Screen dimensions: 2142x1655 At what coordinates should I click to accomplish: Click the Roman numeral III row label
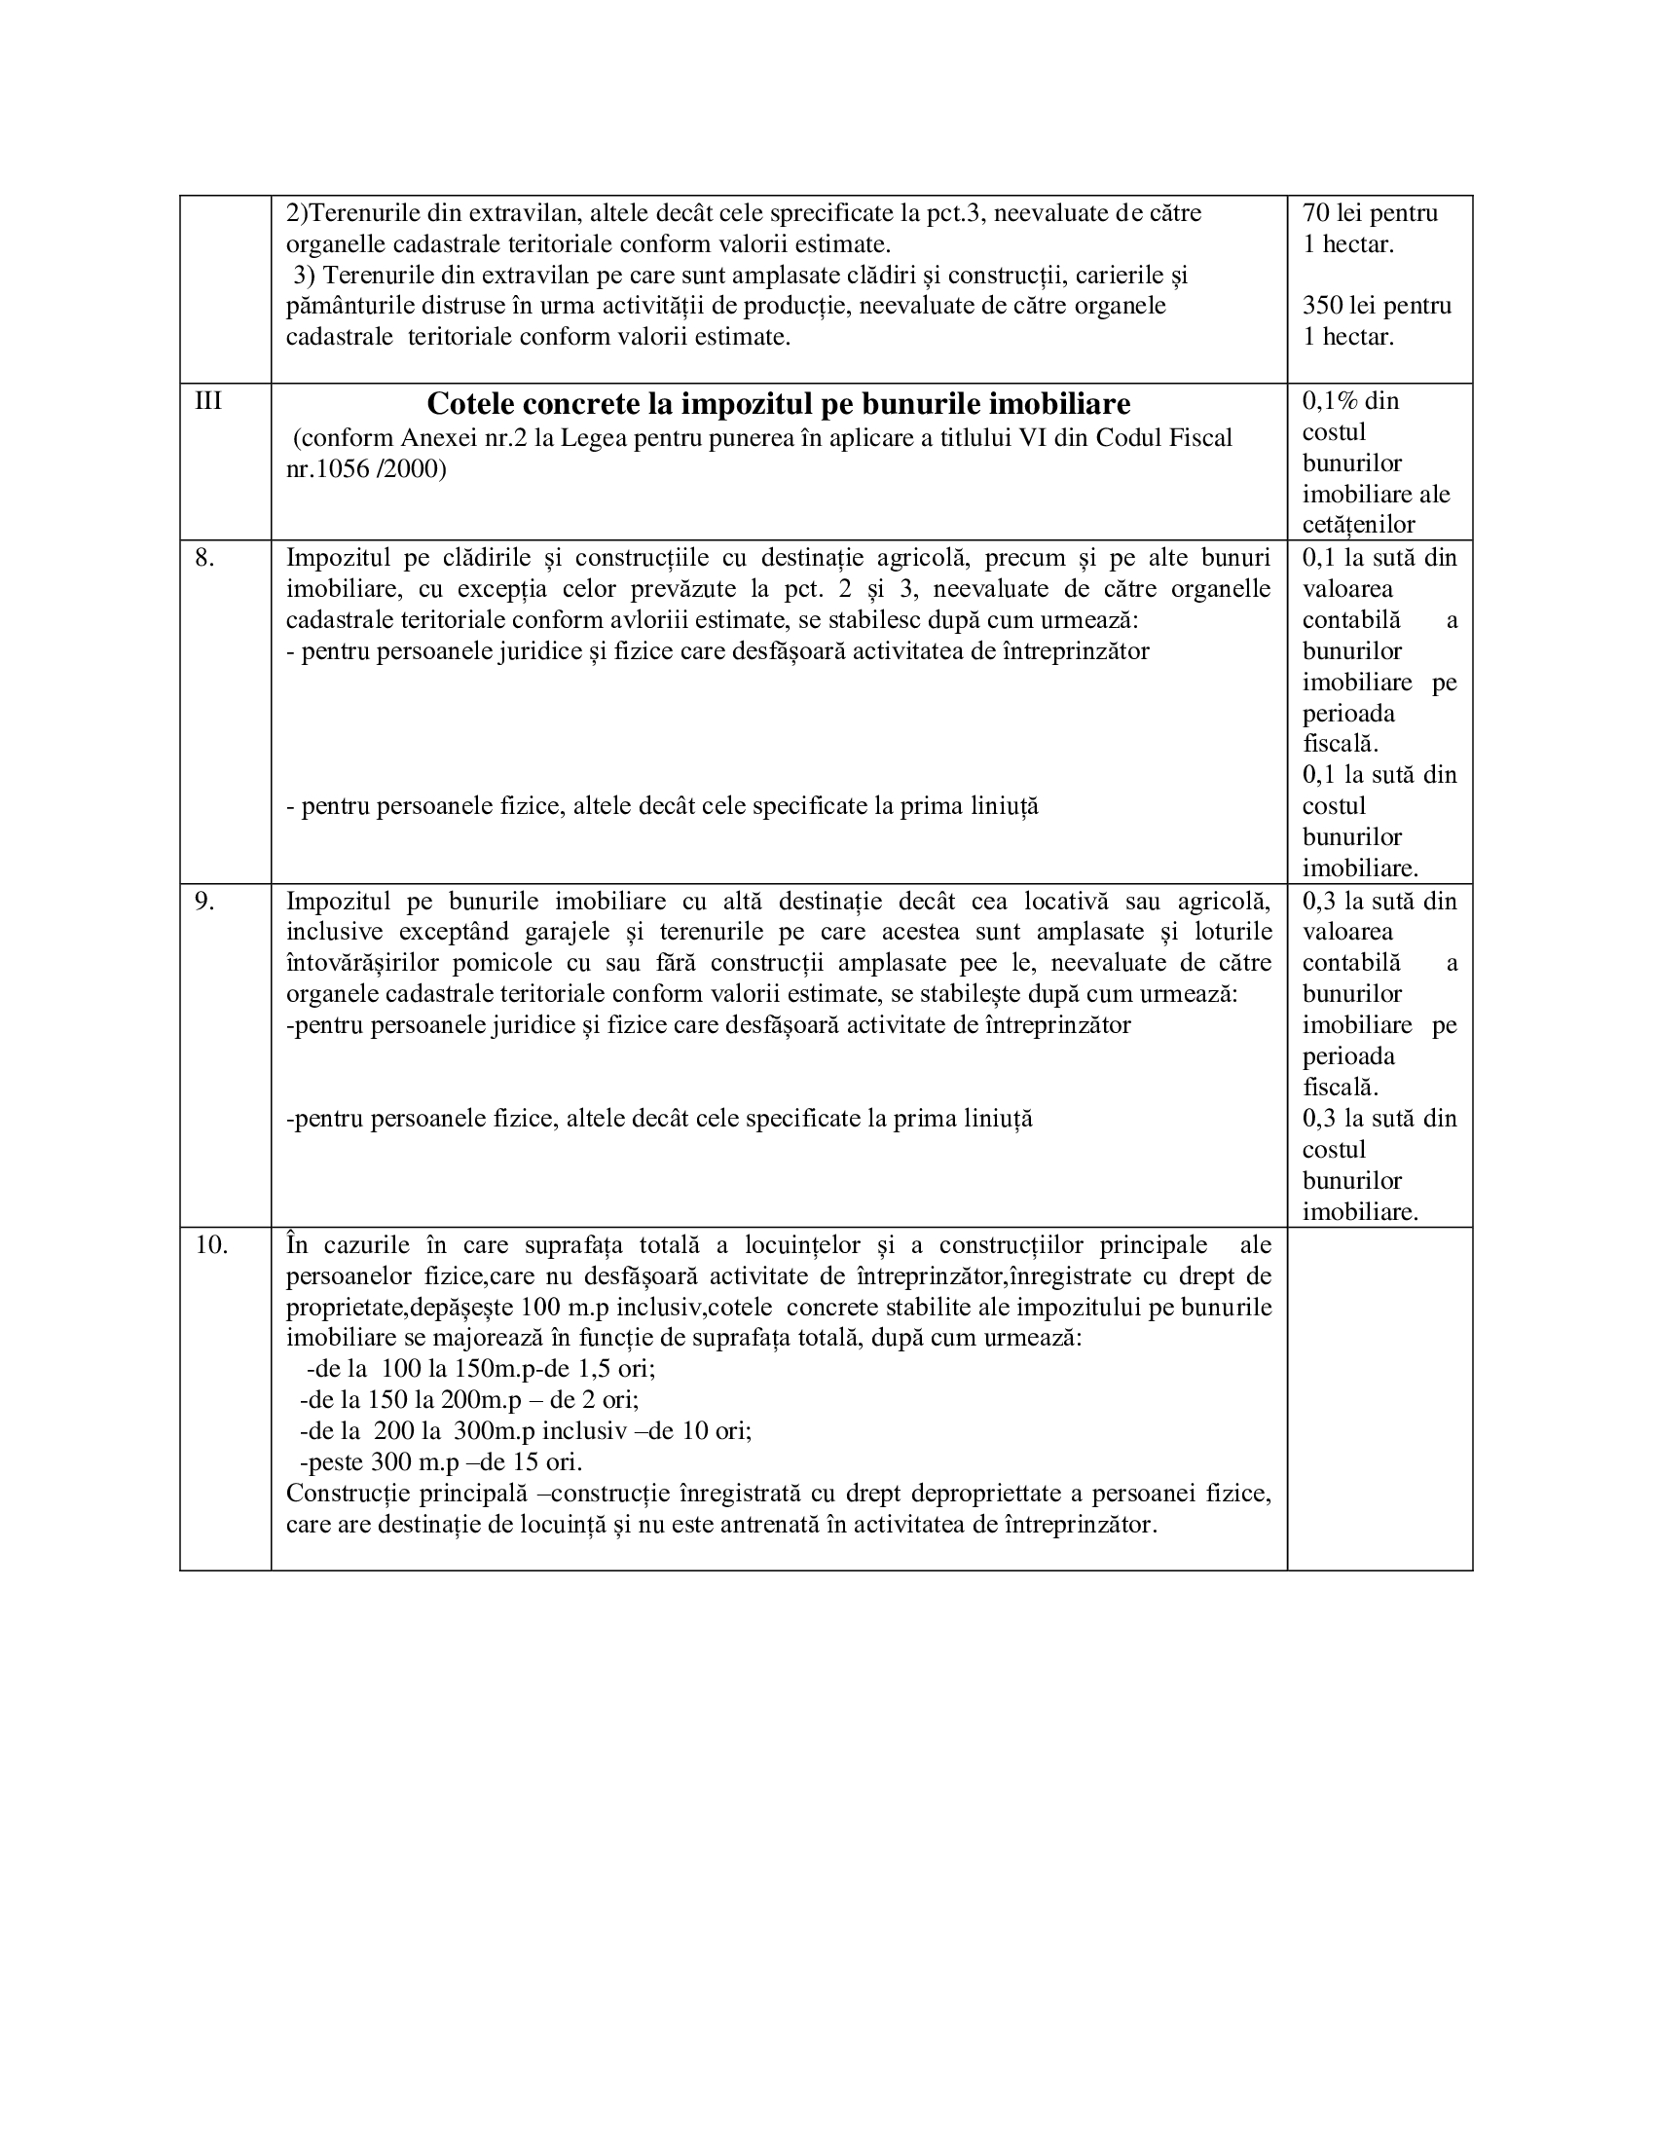(208, 401)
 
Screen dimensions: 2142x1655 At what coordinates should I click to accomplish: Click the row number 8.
(203, 558)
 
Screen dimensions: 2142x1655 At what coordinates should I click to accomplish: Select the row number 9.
(203, 902)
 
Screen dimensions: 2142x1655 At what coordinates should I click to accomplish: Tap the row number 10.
(211, 1245)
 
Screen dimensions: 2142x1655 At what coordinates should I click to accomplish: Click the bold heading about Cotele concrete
(779, 404)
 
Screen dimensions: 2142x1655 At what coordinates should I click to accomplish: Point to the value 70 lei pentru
(1370, 213)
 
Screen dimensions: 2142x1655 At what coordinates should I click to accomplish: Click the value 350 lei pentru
(1377, 305)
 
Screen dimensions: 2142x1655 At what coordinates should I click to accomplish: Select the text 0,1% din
(1350, 401)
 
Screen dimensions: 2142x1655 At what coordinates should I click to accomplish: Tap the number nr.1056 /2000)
(366, 470)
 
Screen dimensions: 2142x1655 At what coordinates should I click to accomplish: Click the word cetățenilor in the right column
(1358, 525)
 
